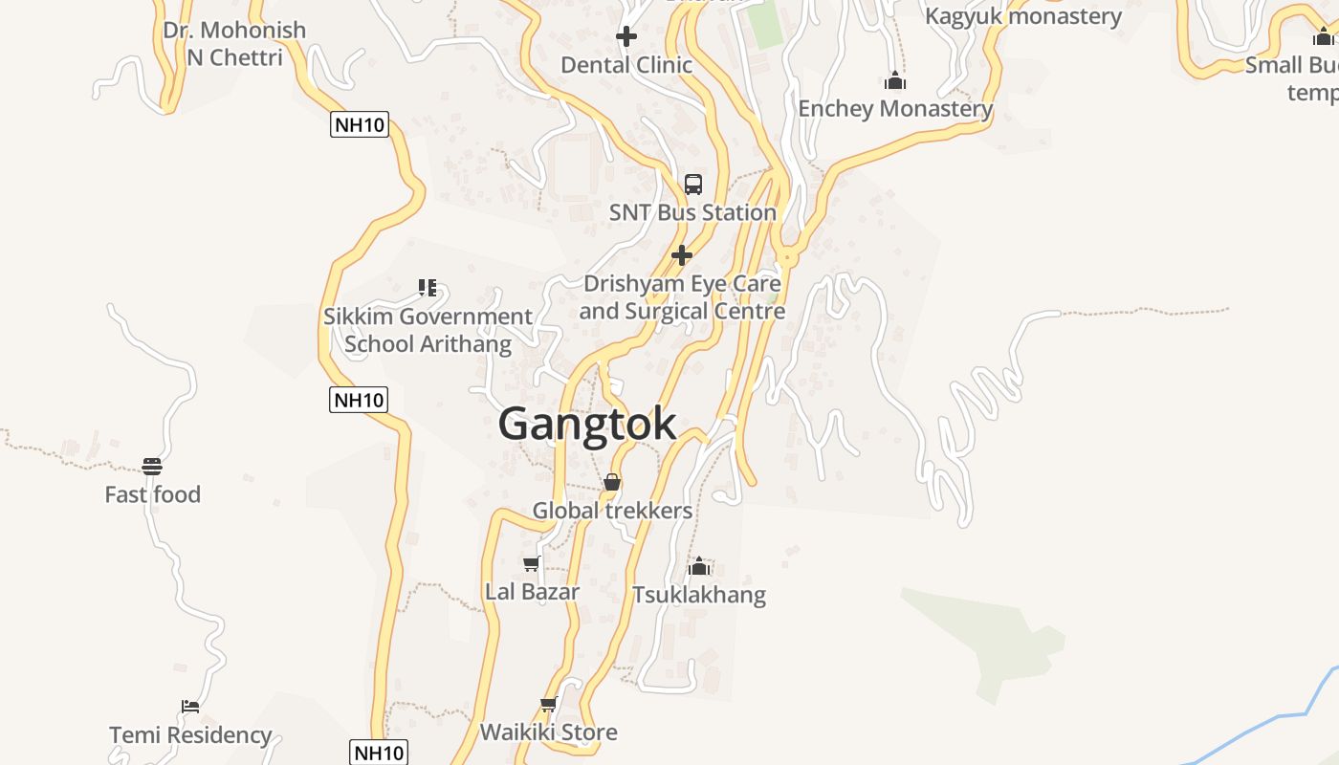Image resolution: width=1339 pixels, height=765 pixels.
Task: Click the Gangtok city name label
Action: point(587,424)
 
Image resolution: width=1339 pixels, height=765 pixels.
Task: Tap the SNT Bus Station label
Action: point(692,212)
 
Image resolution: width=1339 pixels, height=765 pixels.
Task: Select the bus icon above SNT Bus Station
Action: point(693,185)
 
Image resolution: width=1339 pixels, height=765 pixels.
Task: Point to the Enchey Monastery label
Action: point(895,108)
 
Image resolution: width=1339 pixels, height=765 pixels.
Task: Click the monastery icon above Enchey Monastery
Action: point(895,80)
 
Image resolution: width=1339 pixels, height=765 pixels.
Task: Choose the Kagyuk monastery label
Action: point(1022,16)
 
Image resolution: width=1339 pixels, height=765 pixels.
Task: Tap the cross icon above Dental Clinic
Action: point(626,36)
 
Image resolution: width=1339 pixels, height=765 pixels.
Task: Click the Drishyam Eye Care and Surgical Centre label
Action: point(682,297)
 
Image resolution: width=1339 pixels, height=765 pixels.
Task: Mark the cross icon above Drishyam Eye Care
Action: point(682,255)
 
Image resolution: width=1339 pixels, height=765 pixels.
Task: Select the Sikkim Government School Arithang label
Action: point(428,330)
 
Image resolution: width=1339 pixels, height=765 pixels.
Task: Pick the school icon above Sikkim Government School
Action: point(428,287)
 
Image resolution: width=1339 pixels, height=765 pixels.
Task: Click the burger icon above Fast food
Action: point(152,467)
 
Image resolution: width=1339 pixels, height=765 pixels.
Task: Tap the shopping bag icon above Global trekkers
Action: point(612,482)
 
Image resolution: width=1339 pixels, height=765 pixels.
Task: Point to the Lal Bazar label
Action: point(532,592)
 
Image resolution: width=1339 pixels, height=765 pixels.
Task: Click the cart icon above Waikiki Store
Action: point(549,705)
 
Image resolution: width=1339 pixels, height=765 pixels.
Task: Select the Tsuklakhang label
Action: point(699,595)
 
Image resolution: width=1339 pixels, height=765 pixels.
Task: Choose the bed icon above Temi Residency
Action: point(190,707)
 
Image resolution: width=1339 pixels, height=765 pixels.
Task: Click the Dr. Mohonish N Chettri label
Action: point(234,43)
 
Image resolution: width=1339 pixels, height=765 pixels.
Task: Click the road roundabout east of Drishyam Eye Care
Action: point(787,258)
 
